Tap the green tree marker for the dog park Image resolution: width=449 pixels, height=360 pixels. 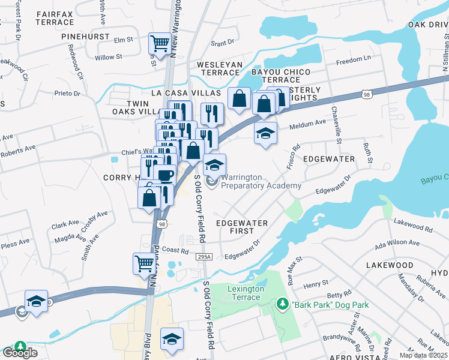(x=283, y=305)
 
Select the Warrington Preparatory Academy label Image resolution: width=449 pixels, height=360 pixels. (x=261, y=182)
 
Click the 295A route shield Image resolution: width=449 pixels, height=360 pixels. (x=204, y=256)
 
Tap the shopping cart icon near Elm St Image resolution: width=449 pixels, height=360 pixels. (x=160, y=43)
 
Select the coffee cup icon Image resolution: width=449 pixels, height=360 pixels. (x=164, y=175)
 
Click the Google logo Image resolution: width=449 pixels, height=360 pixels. (x=20, y=352)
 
